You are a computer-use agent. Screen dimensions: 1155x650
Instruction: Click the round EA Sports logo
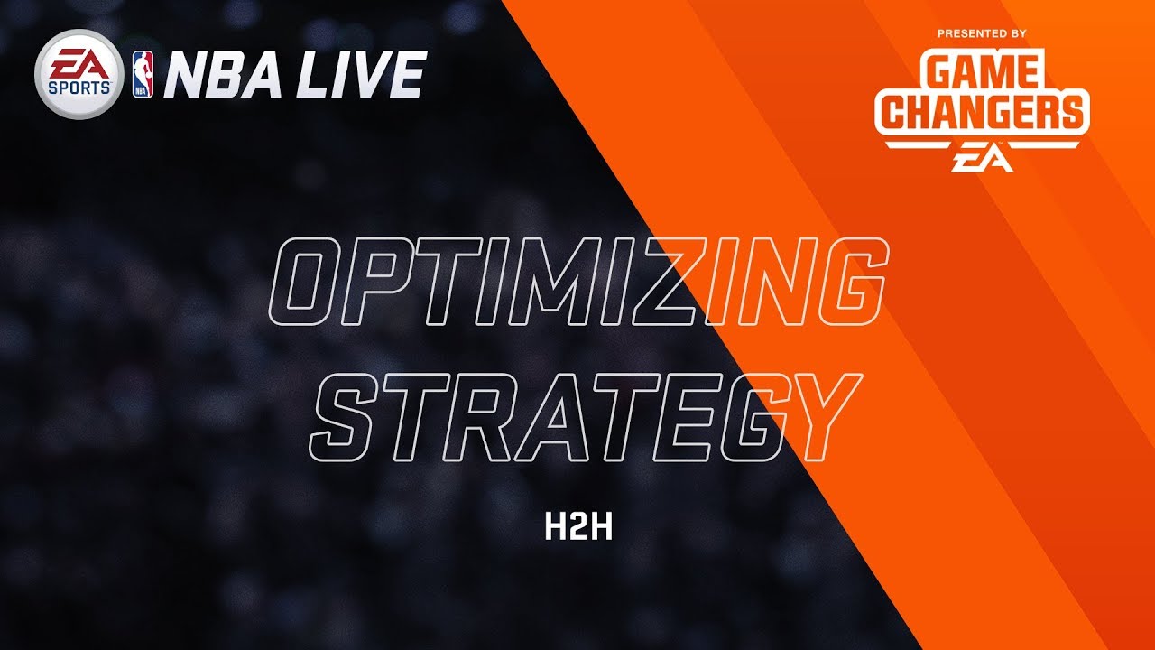coord(79,74)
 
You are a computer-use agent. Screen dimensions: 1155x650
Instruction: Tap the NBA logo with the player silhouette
coord(143,74)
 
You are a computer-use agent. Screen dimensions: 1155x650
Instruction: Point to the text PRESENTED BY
coord(982,34)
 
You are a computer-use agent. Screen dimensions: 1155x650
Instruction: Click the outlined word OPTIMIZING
coord(578,281)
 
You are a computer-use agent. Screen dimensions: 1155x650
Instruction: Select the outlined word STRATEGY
coord(586,417)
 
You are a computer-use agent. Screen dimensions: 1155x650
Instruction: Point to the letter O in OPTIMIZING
coord(316,281)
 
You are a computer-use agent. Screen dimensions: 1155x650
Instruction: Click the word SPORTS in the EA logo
coord(79,88)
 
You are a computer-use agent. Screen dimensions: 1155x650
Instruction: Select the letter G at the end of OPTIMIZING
coord(840,281)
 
